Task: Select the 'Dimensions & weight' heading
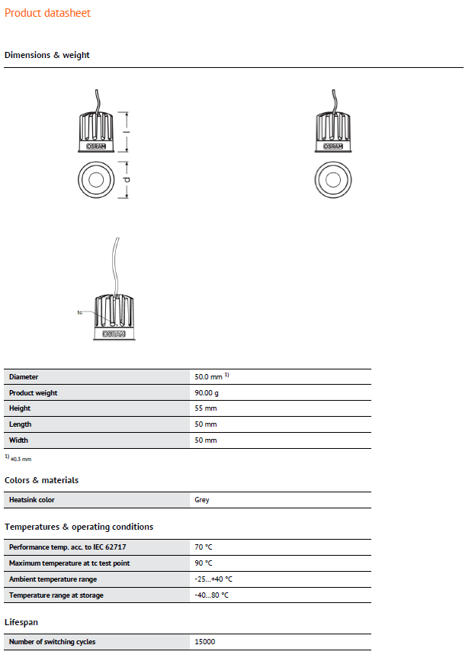tap(47, 55)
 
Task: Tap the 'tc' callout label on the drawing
tap(79, 312)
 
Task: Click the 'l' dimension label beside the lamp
tap(127, 132)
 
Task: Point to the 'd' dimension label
tap(127, 180)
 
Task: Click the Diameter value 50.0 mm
tap(208, 377)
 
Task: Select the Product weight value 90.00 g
tap(207, 393)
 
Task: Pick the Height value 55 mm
tap(206, 408)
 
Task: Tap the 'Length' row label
tap(20, 424)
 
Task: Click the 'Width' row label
tap(18, 440)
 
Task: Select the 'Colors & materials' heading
tap(41, 480)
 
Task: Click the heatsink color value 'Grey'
tap(202, 500)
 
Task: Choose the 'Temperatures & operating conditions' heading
tap(79, 527)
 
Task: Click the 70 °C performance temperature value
tap(204, 547)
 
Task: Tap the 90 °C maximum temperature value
tap(204, 563)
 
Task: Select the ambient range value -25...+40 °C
tap(213, 579)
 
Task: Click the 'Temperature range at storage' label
tap(56, 595)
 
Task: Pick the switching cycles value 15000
tap(206, 642)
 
